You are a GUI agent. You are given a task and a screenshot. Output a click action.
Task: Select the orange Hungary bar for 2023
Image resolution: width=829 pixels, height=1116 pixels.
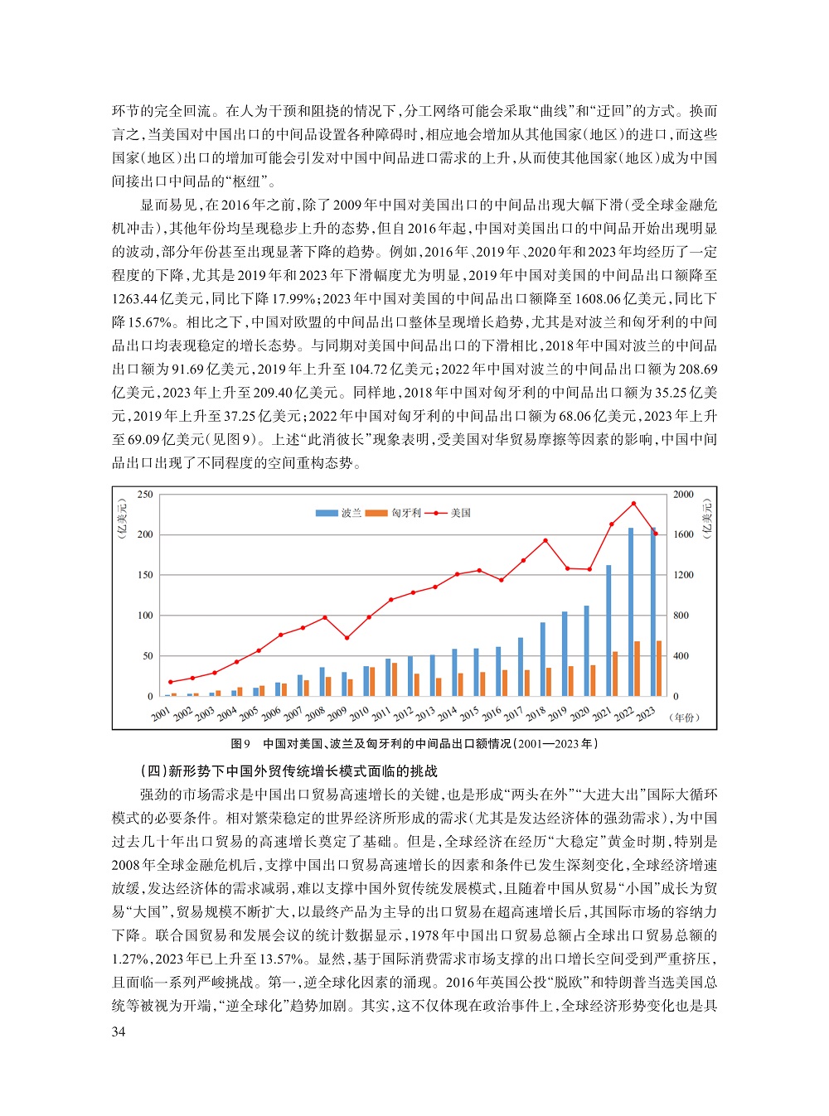pyautogui.click(x=659, y=668)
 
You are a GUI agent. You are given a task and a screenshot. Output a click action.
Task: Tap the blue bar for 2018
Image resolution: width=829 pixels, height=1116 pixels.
pyautogui.click(x=543, y=659)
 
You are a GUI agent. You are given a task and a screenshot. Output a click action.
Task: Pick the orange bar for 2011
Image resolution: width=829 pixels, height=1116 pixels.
pyautogui.click(x=395, y=679)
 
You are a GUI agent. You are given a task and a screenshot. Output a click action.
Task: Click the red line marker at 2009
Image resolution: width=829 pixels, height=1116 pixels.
pyautogui.click(x=347, y=638)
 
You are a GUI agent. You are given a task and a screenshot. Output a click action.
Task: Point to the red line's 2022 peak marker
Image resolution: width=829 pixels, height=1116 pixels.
pyautogui.click(x=633, y=503)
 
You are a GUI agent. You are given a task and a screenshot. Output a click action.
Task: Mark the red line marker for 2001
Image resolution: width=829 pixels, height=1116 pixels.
pyautogui.click(x=171, y=682)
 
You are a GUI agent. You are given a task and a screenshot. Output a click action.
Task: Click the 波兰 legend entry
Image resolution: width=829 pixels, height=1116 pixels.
pyautogui.click(x=339, y=513)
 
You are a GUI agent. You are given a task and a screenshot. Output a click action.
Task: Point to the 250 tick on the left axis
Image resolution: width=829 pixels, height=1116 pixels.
pyautogui.click(x=145, y=495)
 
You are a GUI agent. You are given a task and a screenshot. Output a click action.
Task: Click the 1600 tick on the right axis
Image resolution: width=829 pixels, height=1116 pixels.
pyautogui.click(x=683, y=534)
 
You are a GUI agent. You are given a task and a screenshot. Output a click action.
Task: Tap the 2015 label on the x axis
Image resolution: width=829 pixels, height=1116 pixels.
pyautogui.click(x=468, y=713)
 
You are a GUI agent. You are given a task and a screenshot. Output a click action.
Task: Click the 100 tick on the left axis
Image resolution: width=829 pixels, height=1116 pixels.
pyautogui.click(x=145, y=616)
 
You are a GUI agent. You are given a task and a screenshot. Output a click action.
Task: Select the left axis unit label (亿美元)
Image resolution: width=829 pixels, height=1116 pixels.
pyautogui.click(x=122, y=519)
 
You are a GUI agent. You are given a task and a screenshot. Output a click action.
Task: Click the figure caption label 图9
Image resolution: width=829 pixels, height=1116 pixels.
pyautogui.click(x=240, y=744)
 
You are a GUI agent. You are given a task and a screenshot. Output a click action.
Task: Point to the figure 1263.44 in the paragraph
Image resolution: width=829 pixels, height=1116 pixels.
pyautogui.click(x=139, y=298)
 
